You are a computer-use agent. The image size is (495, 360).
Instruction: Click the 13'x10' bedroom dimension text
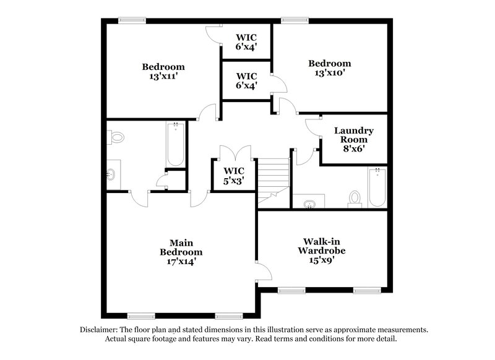330,73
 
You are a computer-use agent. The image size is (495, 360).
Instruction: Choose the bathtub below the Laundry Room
376,187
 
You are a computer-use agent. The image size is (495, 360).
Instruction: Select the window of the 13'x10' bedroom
291,20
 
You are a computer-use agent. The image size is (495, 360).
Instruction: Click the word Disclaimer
100,330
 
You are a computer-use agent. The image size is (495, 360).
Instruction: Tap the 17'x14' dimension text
181,262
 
